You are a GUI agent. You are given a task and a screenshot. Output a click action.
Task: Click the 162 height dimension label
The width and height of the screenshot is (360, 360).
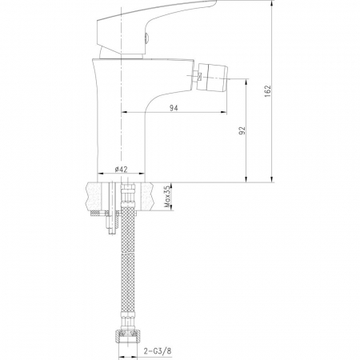pos(268,91)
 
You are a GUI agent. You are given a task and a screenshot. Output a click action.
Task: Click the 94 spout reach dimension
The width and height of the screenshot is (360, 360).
pos(174,108)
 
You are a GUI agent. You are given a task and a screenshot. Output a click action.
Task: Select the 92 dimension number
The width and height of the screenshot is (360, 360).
pos(242,130)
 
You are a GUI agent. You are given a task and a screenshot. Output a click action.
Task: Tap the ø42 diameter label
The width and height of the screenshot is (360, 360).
pos(122,169)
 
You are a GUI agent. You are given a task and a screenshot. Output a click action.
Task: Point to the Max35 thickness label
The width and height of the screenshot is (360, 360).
pos(167,197)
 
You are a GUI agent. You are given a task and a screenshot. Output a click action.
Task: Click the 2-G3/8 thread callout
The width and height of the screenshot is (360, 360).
pos(158,351)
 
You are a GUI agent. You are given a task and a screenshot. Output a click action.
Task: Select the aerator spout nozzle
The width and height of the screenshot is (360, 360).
pos(213,77)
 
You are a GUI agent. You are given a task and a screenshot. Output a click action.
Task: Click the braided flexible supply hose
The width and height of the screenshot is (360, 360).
pos(128,266)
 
